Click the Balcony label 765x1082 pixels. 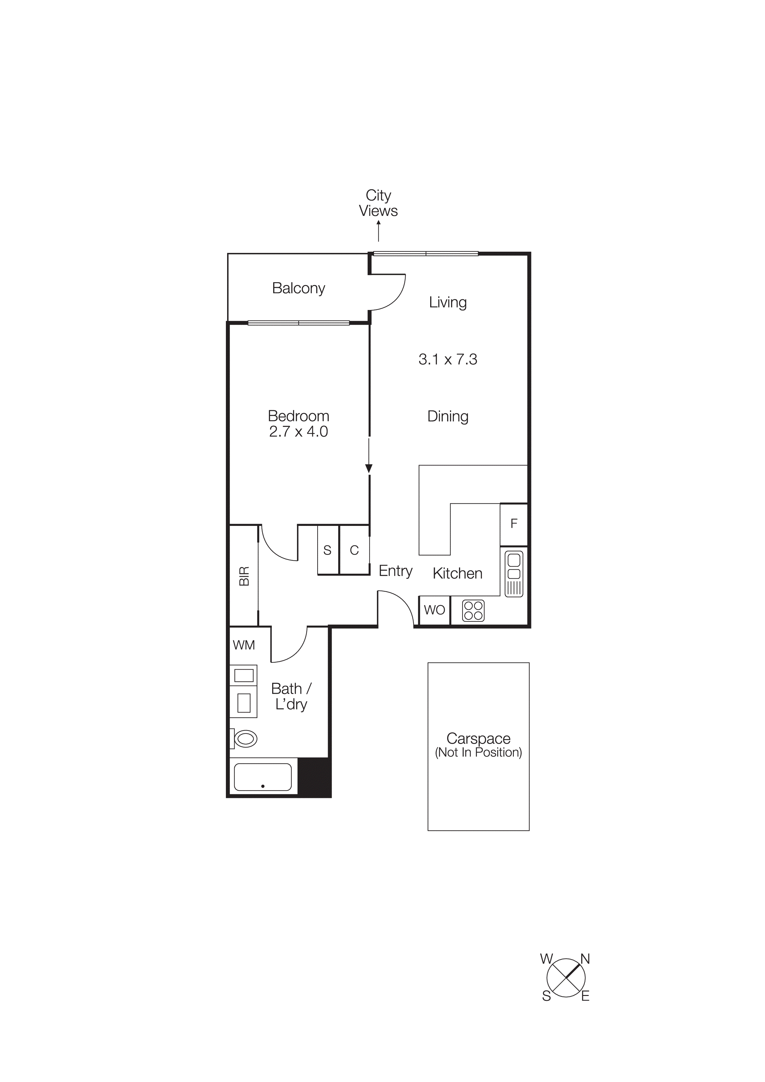pos(298,288)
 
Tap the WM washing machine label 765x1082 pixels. pos(244,645)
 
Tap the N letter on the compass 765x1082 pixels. pos(585,959)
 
